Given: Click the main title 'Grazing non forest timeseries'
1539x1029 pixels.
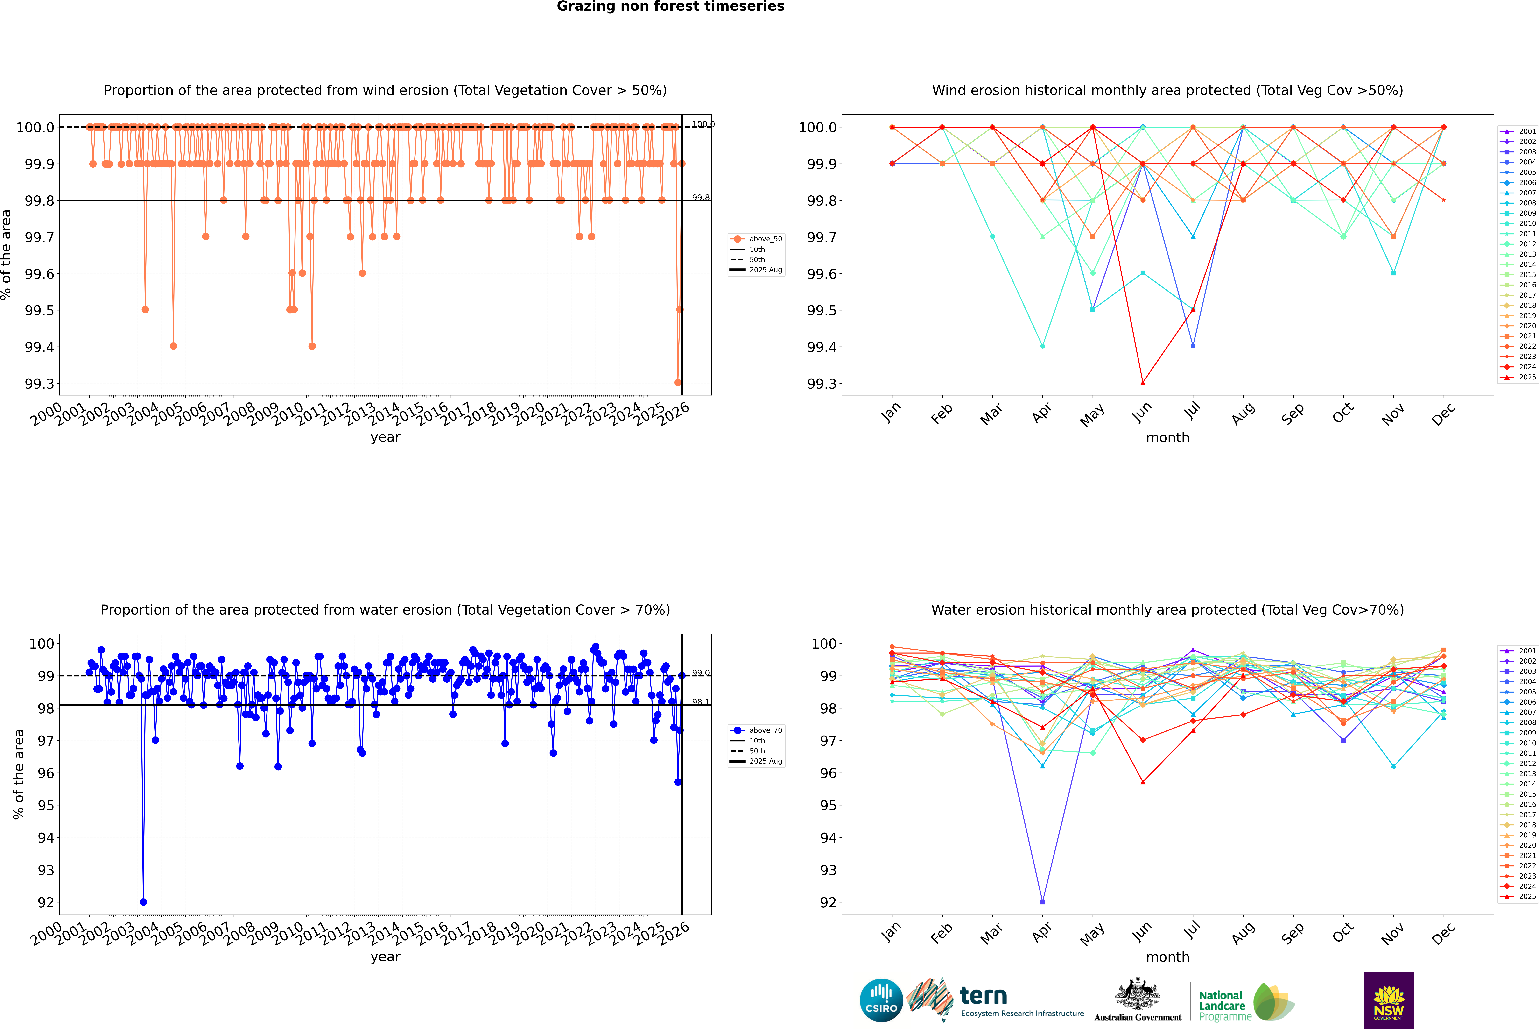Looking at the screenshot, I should [670, 7].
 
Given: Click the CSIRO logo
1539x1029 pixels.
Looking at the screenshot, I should [881, 1000].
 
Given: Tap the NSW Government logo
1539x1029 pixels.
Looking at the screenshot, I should [1389, 1000].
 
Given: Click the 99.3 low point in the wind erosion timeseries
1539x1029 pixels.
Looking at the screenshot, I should [678, 383].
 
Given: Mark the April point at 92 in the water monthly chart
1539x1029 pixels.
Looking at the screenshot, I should [1042, 902].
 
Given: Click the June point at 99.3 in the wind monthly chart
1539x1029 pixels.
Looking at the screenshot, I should [1143, 383].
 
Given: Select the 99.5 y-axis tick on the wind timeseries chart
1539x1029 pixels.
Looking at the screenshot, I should [39, 310].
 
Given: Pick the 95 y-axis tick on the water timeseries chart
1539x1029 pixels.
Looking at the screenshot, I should [45, 805].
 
